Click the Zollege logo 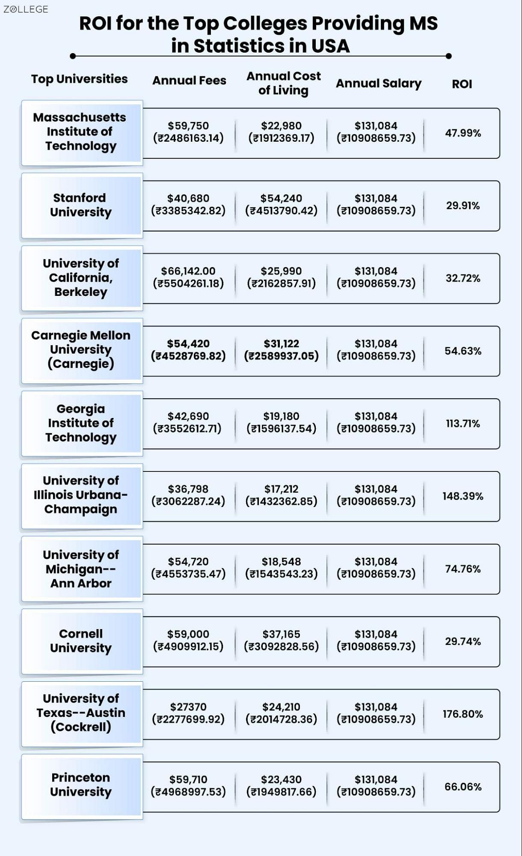tap(26, 9)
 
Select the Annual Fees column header tap(189, 81)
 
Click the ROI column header tap(462, 84)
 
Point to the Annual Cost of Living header tap(283, 84)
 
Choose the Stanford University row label tap(80, 205)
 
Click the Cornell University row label tap(80, 641)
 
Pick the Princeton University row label tap(80, 784)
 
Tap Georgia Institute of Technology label tap(80, 423)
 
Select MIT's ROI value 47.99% tap(463, 133)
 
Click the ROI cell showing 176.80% tap(463, 714)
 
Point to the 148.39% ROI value tap(463, 496)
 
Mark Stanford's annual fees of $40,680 tap(188, 198)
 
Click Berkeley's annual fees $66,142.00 tap(188, 271)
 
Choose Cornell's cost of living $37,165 tap(282, 634)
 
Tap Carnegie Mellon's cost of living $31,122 tap(282, 344)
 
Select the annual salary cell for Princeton tap(376, 785)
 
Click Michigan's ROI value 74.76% tap(463, 569)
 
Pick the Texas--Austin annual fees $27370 tap(188, 707)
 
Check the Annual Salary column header tap(379, 84)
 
